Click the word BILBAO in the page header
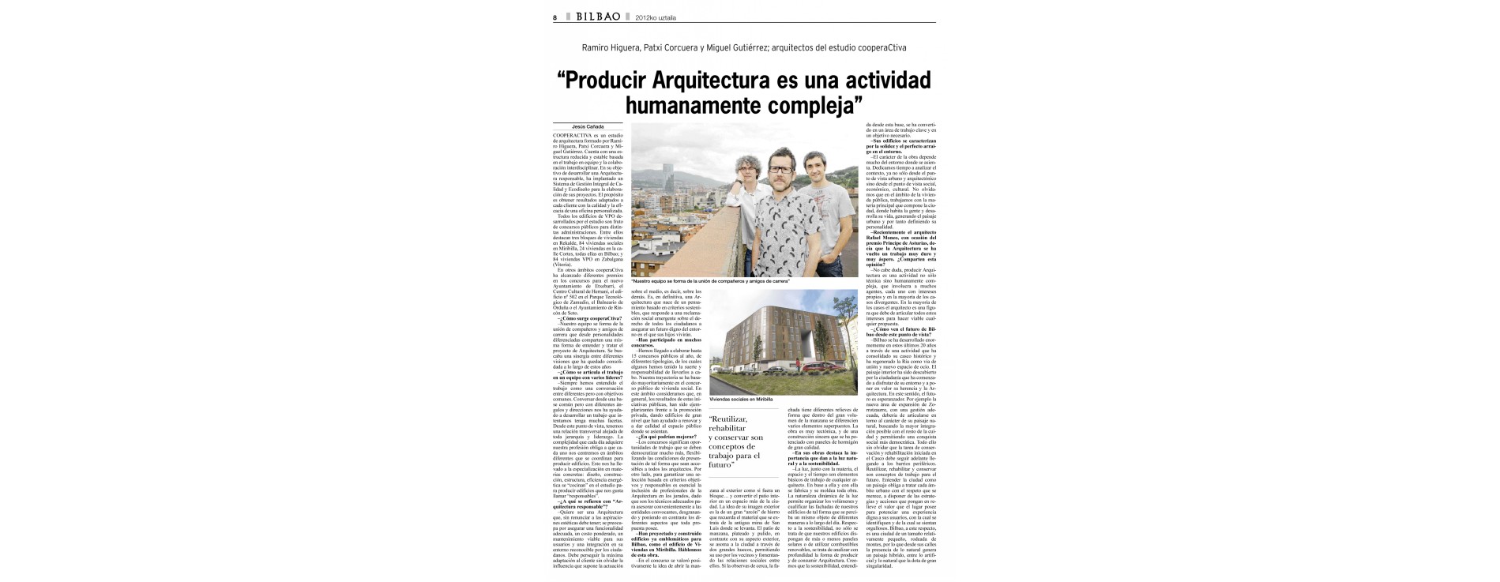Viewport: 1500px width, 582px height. (597, 17)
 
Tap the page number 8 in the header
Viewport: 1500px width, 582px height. (555, 17)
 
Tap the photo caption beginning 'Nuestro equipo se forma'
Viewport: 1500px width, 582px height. (711, 281)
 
